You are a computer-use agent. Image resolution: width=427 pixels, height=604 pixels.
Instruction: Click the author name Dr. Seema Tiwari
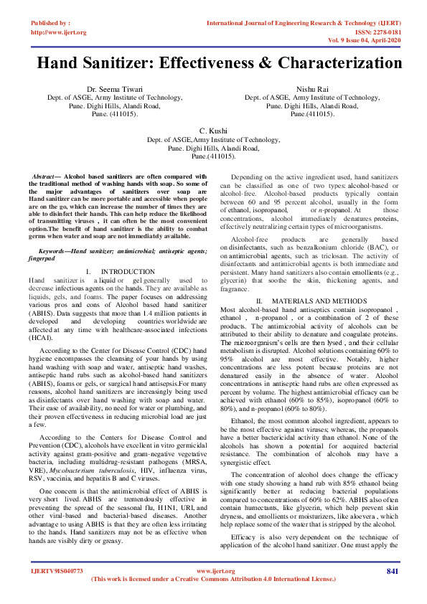coord(114,89)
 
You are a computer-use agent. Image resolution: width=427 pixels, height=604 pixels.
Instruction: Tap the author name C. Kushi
coord(213,131)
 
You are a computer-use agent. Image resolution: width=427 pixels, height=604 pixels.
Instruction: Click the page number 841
coord(392,571)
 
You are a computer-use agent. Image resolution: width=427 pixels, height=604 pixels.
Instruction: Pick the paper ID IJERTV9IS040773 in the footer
coord(57,571)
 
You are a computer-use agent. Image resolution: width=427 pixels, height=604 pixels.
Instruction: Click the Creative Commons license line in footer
coord(213,578)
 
